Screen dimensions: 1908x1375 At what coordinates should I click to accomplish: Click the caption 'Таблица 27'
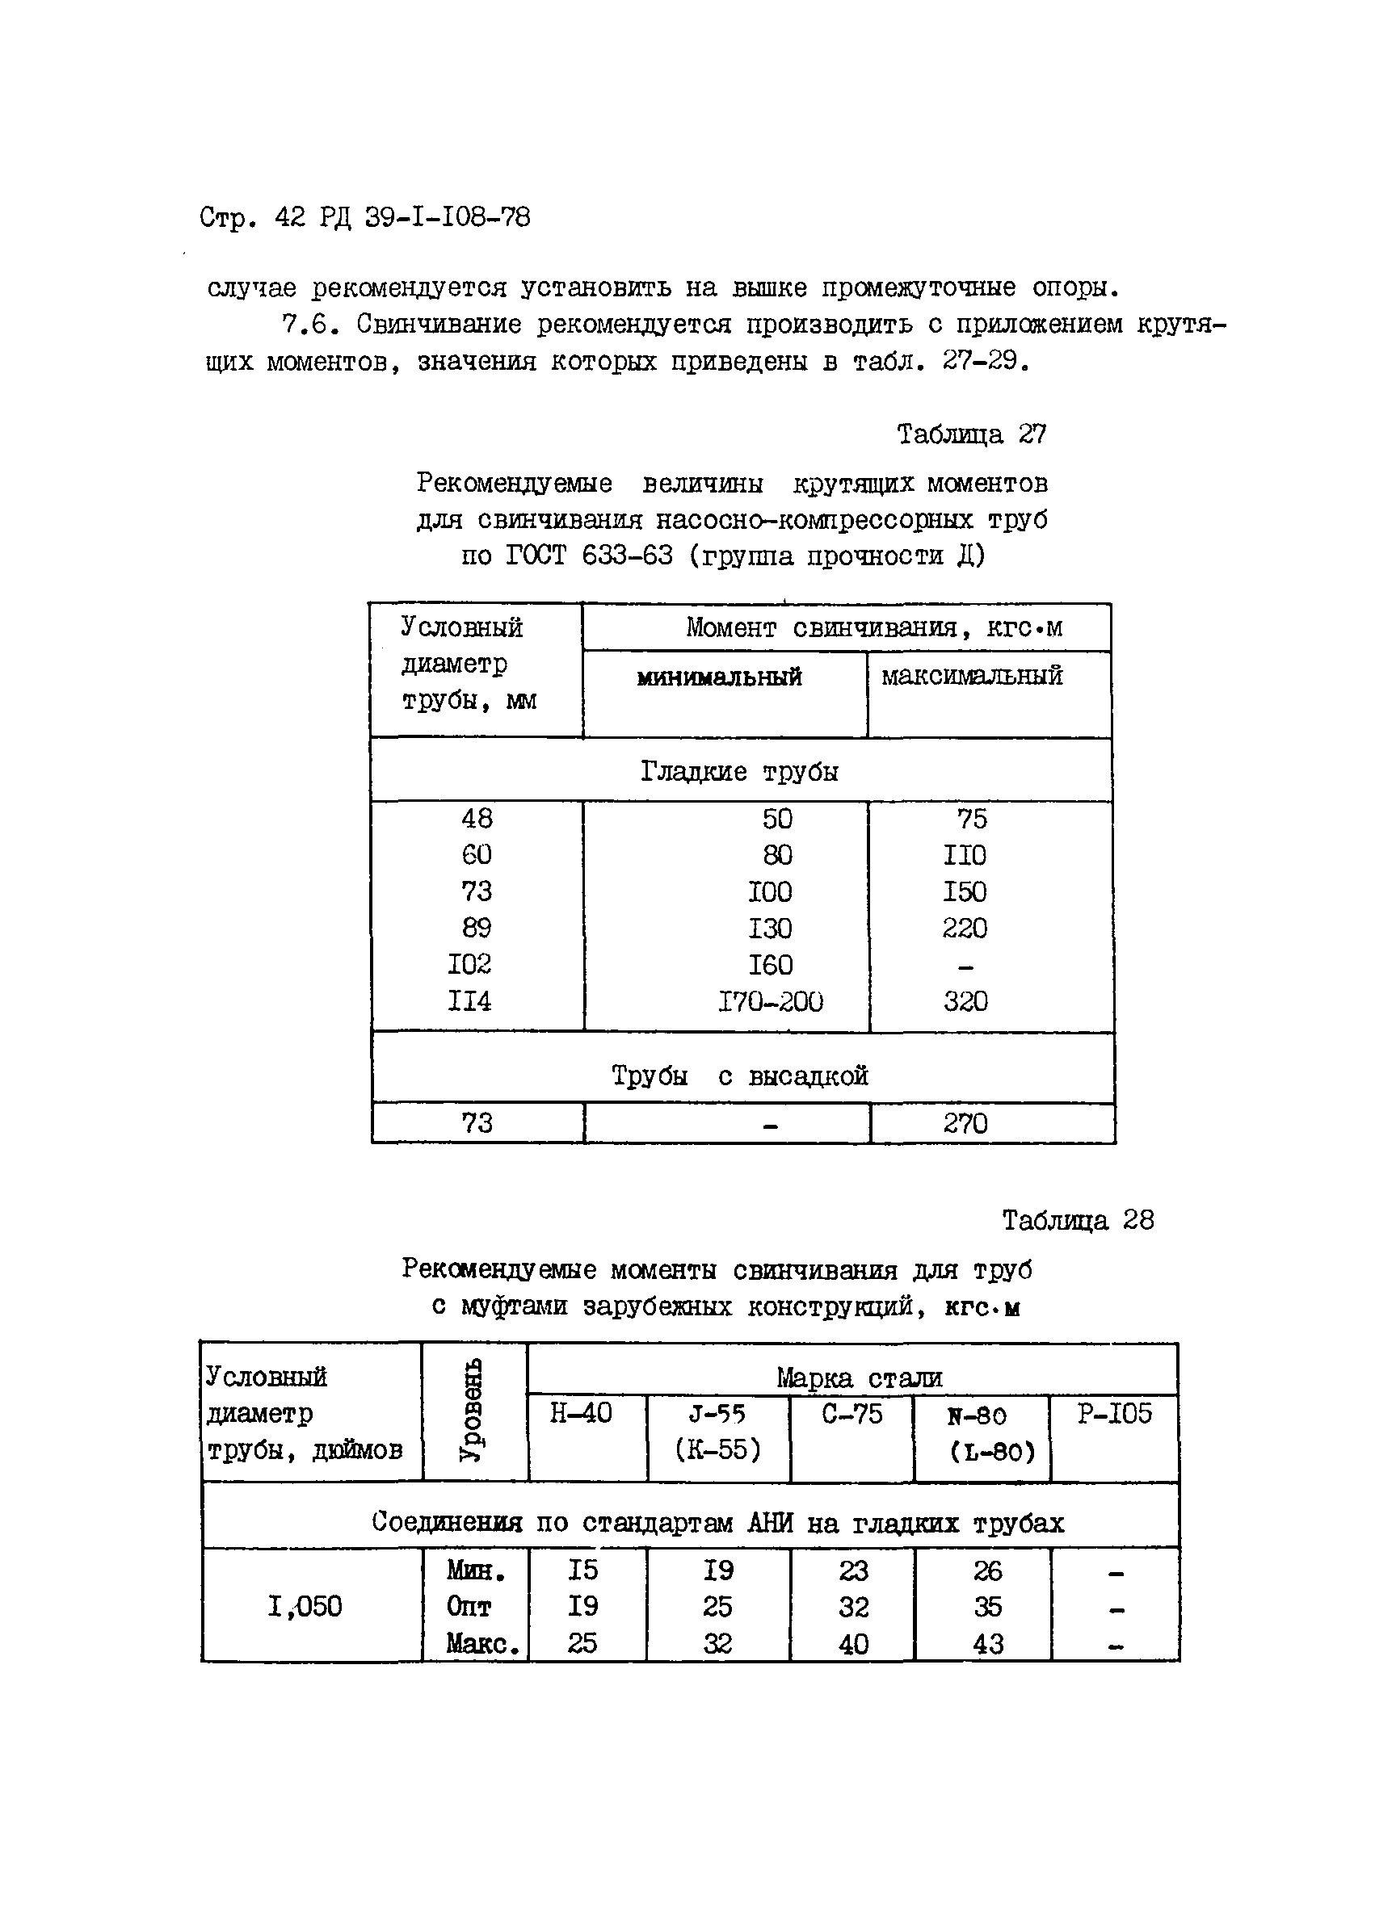pyautogui.click(x=971, y=434)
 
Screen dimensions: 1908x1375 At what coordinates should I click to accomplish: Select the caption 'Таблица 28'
pyautogui.click(x=1077, y=1220)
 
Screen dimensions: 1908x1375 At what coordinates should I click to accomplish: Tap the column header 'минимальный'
pyautogui.click(x=719, y=677)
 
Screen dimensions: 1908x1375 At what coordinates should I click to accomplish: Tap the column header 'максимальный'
pyautogui.click(x=971, y=676)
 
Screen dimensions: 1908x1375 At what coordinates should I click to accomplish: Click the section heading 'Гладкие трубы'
pyautogui.click(x=739, y=771)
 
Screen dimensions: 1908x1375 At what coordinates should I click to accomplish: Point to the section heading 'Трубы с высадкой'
pyautogui.click(x=739, y=1076)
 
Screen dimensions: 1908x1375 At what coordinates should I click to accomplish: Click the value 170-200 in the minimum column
pyautogui.click(x=769, y=1001)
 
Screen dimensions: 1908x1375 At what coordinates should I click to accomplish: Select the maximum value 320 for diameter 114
pyautogui.click(x=965, y=1001)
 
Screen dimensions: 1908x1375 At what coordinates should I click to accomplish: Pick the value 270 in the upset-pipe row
pyautogui.click(x=965, y=1123)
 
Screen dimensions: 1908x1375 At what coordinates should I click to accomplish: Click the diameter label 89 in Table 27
pyautogui.click(x=477, y=928)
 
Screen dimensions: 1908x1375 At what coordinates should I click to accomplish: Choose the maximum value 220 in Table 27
pyautogui.click(x=965, y=928)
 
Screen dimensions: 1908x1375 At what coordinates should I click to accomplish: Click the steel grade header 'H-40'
pyautogui.click(x=581, y=1413)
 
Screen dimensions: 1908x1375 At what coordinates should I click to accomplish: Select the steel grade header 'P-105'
pyautogui.click(x=1114, y=1413)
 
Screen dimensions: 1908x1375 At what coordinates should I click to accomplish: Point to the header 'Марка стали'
pyautogui.click(x=858, y=1378)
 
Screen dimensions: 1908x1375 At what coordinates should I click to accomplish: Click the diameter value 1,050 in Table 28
pyautogui.click(x=305, y=1607)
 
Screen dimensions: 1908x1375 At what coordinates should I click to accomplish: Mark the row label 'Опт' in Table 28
pyautogui.click(x=468, y=1607)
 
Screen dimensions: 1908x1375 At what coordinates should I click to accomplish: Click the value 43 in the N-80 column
pyautogui.click(x=988, y=1644)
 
